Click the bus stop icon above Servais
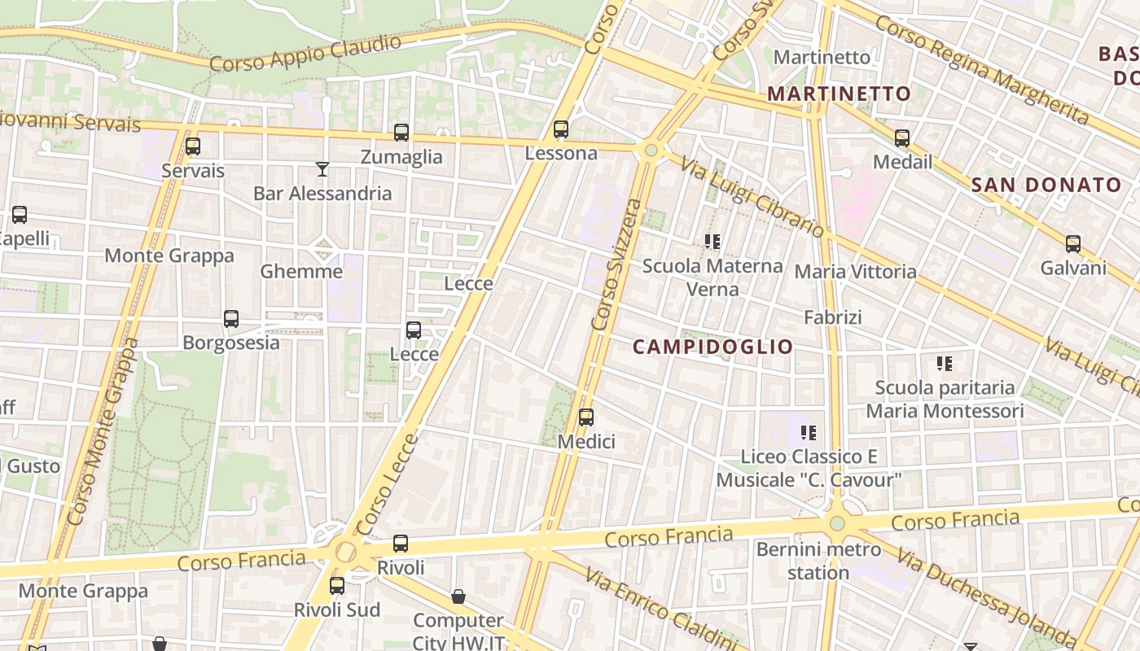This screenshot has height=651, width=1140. (x=193, y=146)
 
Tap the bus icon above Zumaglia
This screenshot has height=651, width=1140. (x=401, y=133)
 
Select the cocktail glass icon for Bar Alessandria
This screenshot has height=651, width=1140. (x=322, y=169)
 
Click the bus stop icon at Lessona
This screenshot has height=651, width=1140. (x=560, y=129)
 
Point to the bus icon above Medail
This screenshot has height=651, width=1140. (x=902, y=138)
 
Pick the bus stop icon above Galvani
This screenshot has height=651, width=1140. (x=1073, y=244)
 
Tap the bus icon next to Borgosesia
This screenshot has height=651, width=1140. (x=231, y=319)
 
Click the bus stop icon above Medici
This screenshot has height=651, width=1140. (x=585, y=418)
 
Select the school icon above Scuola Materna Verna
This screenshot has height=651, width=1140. (x=712, y=242)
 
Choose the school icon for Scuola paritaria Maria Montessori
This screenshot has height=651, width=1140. (x=945, y=363)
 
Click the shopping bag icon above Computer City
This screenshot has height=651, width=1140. (x=458, y=596)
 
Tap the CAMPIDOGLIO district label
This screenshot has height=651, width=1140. (x=712, y=347)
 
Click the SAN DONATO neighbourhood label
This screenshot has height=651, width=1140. (x=1046, y=185)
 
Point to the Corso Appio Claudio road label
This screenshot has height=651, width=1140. (x=305, y=53)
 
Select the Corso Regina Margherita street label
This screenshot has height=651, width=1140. (x=981, y=70)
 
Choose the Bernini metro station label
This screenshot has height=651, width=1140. (x=818, y=561)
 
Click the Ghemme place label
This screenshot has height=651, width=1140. (x=301, y=271)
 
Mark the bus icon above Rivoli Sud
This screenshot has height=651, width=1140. (x=337, y=586)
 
